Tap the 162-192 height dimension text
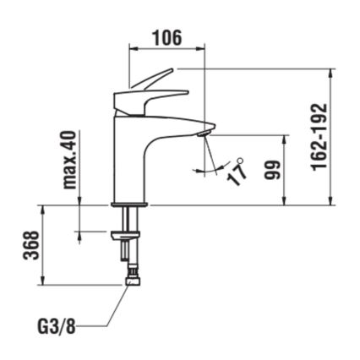tap(319, 137)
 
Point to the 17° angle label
tap(239, 172)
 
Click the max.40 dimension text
tap(70, 160)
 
